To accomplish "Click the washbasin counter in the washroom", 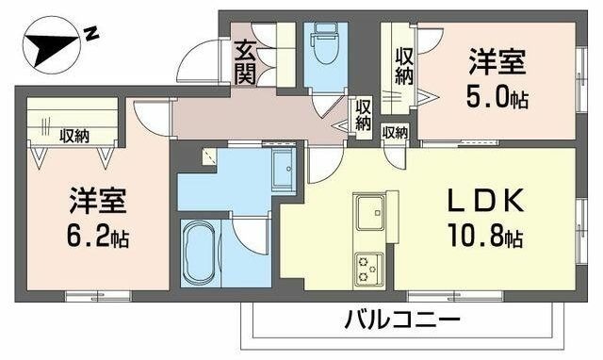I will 283,171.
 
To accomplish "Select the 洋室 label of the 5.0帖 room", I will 498,65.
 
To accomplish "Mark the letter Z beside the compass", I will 91,34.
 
